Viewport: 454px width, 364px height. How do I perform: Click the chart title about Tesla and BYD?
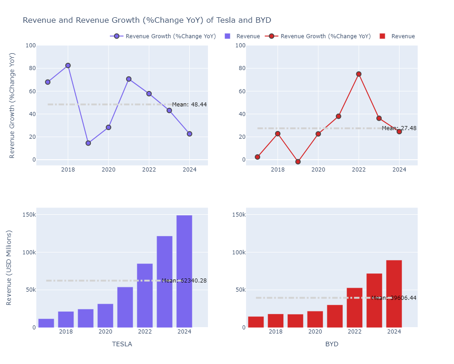point(147,20)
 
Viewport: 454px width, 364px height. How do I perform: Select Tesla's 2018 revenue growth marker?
point(68,66)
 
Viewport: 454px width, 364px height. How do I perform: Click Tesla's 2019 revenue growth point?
point(88,143)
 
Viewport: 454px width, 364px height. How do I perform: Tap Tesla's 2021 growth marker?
point(128,79)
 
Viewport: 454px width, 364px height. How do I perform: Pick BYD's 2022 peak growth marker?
point(359,74)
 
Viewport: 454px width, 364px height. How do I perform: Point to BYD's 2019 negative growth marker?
point(298,162)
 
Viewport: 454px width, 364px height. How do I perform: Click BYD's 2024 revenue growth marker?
point(399,131)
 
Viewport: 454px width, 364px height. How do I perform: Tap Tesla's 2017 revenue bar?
point(46,323)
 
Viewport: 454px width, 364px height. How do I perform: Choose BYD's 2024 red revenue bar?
point(394,294)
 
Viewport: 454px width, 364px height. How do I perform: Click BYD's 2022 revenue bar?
point(355,308)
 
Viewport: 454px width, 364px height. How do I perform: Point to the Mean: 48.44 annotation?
point(189,105)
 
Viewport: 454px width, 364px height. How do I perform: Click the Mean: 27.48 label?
point(399,128)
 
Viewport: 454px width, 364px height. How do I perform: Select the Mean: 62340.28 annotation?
point(184,281)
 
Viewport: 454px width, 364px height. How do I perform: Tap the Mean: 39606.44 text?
point(394,298)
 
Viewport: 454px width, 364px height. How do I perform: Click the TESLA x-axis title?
point(122,344)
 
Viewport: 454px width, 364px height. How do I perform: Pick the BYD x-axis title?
point(332,344)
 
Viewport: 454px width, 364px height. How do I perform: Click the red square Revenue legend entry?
point(398,36)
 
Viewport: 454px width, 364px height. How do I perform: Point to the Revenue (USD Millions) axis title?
point(10,268)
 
